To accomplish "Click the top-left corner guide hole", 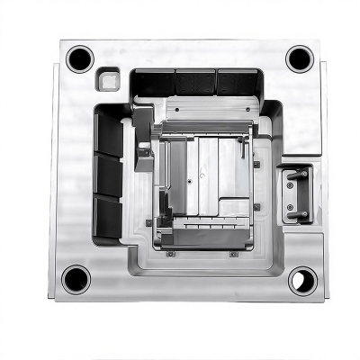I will click(x=79, y=59).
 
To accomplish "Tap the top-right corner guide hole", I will click(x=300, y=58).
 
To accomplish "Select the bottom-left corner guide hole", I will click(x=76, y=278).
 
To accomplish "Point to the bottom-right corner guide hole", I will click(x=301, y=280).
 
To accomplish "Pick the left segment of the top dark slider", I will click(x=154, y=83).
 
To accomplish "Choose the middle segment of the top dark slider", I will click(x=195, y=82).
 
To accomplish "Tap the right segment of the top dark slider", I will click(x=236, y=82).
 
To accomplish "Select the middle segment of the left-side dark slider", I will click(x=109, y=175).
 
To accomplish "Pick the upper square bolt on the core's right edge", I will click(x=256, y=164).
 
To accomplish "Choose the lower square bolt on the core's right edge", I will click(x=256, y=207).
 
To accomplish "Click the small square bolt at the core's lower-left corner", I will click(x=149, y=222).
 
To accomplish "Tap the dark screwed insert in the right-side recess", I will click(x=295, y=193).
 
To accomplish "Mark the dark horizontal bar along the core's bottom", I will click(x=202, y=238).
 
